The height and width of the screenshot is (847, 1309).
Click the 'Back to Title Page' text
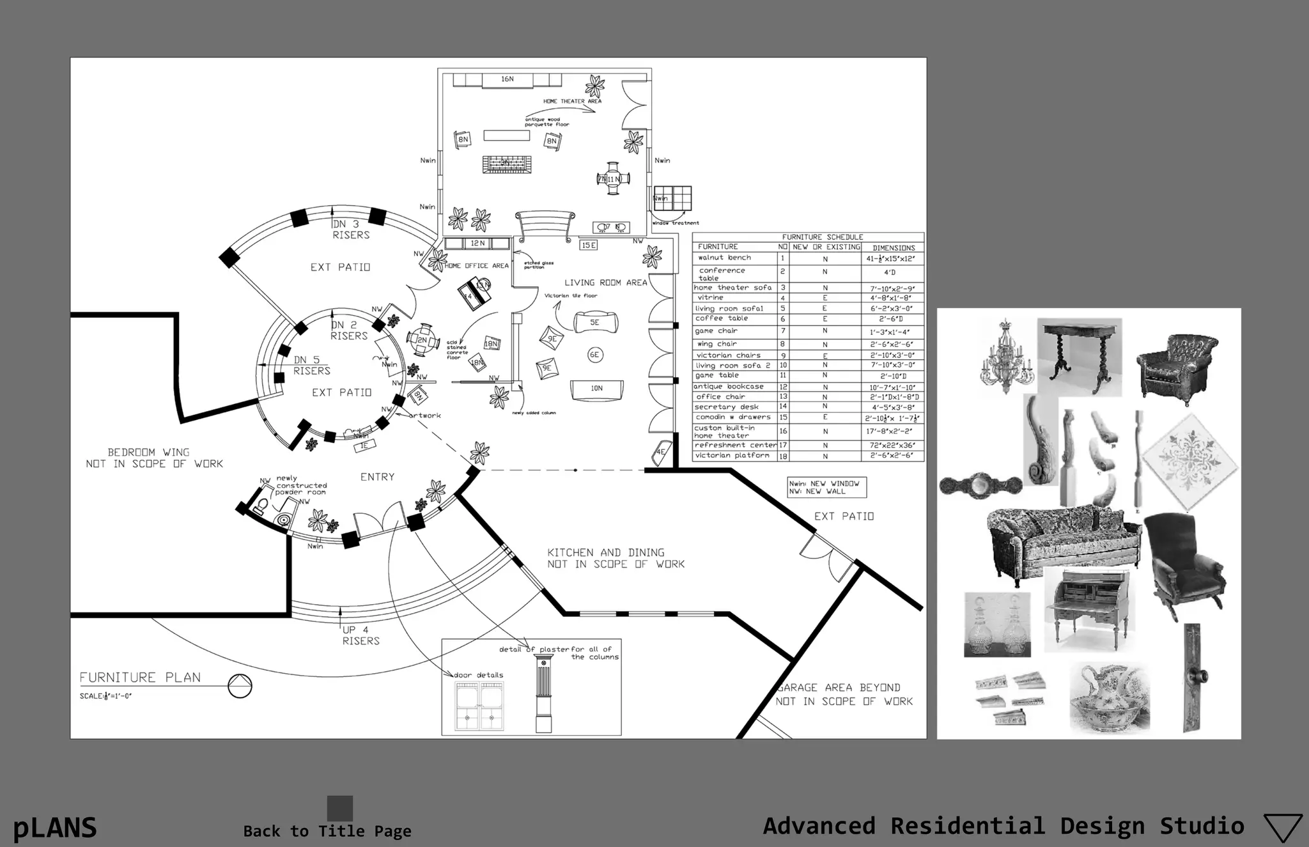(327, 831)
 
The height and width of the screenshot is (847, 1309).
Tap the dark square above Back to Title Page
(340, 808)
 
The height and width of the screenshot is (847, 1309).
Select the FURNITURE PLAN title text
(140, 678)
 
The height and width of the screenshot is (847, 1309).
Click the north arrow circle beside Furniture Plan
(240, 687)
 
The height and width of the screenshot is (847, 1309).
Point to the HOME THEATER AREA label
(572, 101)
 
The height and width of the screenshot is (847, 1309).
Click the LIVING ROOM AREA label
(605, 283)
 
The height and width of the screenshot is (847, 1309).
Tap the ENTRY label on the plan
(377, 477)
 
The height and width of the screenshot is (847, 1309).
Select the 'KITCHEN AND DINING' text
(605, 552)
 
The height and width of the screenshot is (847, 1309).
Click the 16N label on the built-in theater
(507, 79)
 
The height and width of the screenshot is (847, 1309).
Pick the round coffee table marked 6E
(594, 355)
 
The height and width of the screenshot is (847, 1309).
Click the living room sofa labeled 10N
(596, 389)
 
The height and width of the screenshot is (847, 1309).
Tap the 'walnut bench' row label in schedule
(724, 258)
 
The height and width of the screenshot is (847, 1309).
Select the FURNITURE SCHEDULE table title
(822, 237)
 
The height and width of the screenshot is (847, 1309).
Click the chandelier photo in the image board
(1007, 358)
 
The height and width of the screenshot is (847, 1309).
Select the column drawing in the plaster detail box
(543, 694)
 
